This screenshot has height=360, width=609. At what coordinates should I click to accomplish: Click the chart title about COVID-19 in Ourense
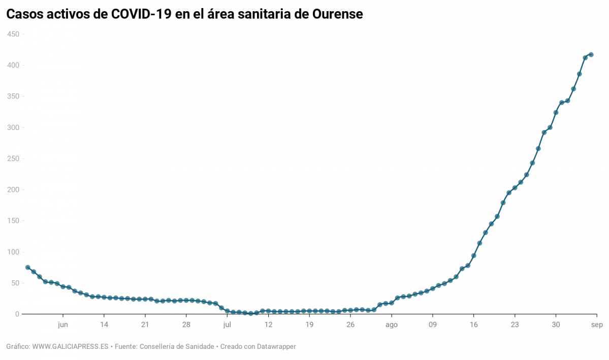[184, 14]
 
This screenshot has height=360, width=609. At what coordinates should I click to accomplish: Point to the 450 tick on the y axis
[13, 34]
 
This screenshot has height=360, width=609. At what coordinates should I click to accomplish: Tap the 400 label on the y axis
[13, 65]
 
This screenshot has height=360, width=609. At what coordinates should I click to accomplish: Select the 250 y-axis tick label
[13, 158]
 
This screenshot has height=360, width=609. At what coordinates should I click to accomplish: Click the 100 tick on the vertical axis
[13, 252]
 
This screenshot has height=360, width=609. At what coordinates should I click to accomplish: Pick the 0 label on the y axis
[17, 314]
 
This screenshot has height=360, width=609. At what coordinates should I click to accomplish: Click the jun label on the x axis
[63, 324]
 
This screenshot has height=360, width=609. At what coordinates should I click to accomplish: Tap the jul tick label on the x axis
[227, 324]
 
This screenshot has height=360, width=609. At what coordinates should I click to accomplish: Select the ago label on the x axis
[391, 324]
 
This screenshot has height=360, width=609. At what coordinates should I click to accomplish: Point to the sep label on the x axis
[597, 324]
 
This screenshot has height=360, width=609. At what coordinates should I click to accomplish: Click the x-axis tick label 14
[104, 324]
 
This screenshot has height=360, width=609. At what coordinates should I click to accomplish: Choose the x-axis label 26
[350, 324]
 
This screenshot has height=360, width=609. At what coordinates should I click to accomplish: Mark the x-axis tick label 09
[433, 324]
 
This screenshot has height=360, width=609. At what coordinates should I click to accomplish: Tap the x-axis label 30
[556, 324]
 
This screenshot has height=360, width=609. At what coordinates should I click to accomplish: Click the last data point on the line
[591, 54]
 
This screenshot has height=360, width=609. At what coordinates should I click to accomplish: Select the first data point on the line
[28, 268]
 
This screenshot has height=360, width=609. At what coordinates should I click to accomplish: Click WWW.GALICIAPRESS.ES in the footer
[71, 347]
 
